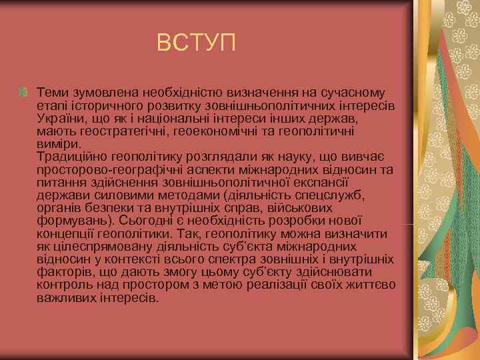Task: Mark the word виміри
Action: tap(59, 143)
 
